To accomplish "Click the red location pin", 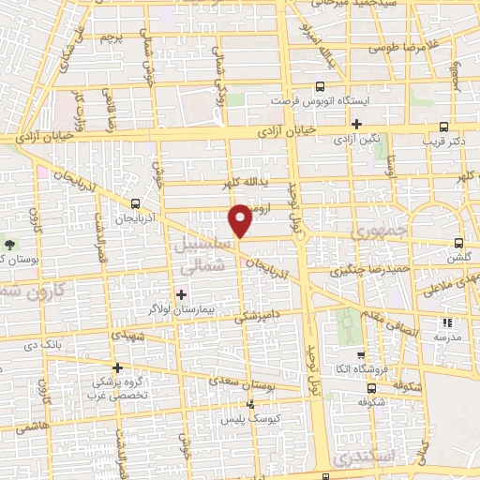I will [x=241, y=219].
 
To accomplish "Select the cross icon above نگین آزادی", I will [x=356, y=123].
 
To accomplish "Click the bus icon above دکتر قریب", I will [x=442, y=127].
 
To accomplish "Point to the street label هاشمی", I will [x=32, y=426].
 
